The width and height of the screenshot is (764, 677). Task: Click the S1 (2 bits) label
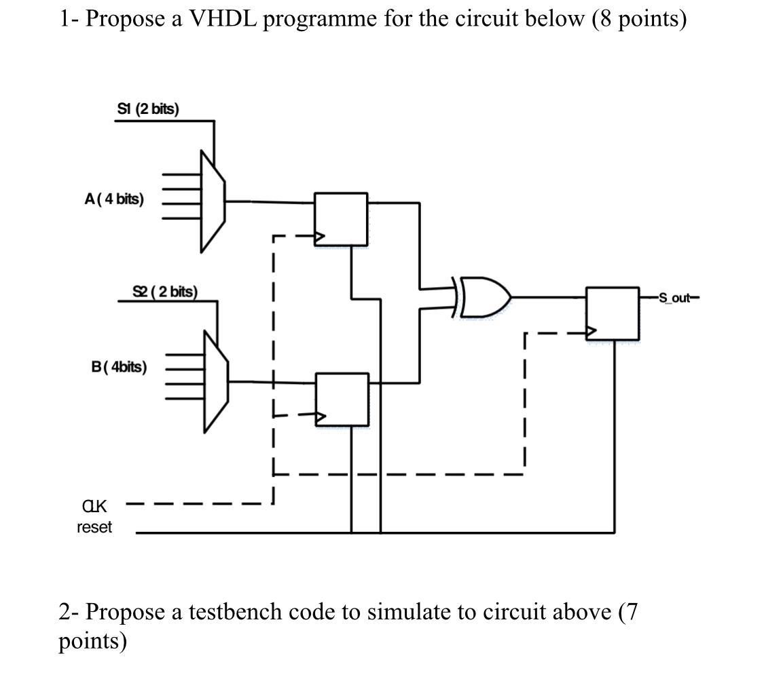click(x=148, y=109)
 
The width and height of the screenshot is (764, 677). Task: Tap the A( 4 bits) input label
click(x=114, y=199)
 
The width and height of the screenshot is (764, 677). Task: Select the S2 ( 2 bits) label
click(x=165, y=292)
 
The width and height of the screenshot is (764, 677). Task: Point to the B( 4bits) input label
click(x=119, y=367)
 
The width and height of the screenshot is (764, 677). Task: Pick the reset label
click(x=94, y=527)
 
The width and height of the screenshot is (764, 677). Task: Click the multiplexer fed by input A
click(x=213, y=201)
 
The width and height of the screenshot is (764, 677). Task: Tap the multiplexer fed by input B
click(x=216, y=381)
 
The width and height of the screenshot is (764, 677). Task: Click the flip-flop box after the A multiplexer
click(x=340, y=218)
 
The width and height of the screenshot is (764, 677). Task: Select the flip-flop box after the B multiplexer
click(x=342, y=399)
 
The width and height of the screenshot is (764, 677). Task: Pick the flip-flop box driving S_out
click(x=613, y=313)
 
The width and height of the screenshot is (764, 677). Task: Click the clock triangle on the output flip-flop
click(x=592, y=332)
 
